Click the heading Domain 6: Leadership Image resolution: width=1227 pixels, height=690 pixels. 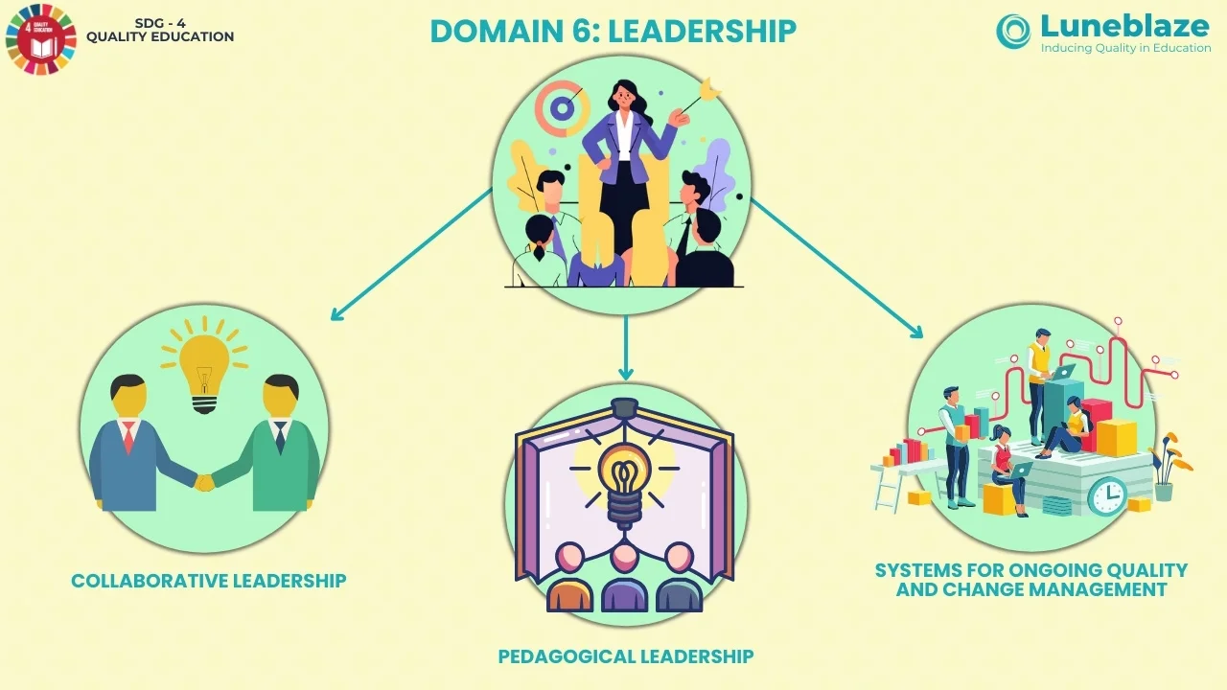point(613,31)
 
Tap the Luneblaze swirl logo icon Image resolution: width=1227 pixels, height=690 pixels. point(1013,31)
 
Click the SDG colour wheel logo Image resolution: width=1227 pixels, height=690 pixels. point(39,39)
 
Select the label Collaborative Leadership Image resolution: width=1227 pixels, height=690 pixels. point(208,581)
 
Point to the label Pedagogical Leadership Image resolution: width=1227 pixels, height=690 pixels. point(625,656)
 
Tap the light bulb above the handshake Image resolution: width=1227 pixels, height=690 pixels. point(204,369)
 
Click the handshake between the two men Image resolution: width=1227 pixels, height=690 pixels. point(204,482)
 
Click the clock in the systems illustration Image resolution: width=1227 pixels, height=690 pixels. point(1107,495)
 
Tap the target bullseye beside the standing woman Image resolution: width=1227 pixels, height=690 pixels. point(562,108)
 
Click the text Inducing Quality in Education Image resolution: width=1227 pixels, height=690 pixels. point(1125,48)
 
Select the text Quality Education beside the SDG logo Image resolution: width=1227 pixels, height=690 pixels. point(160,37)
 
